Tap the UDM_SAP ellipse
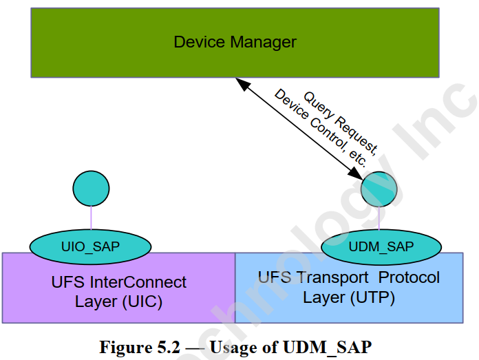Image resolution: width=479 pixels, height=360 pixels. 381,246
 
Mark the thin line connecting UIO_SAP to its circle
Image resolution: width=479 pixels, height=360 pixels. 91,219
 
